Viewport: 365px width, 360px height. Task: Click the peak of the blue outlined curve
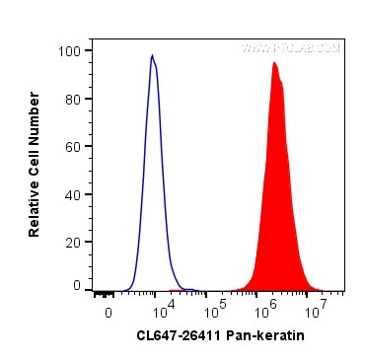coord(152,55)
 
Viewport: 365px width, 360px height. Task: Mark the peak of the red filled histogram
coord(274,63)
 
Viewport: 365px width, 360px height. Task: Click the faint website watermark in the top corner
coord(290,47)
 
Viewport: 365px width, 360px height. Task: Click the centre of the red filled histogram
coord(278,197)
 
